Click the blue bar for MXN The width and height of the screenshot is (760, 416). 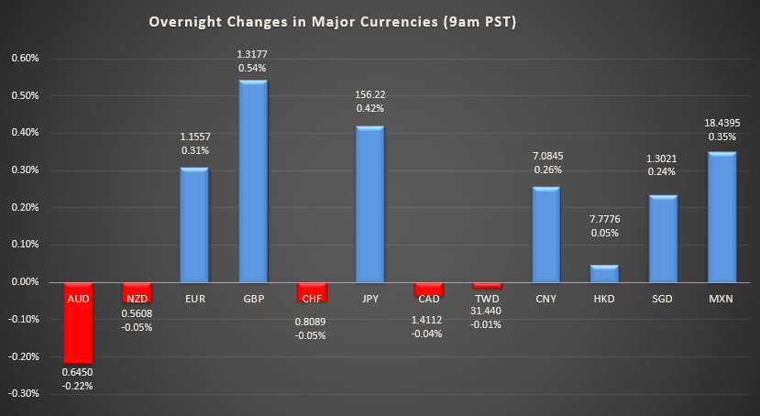721,217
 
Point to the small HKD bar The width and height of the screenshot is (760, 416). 604,273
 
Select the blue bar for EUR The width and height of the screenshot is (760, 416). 195,224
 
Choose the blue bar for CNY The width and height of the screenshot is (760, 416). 545,235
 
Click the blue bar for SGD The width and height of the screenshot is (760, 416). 663,238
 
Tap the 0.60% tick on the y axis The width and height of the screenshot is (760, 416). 25,58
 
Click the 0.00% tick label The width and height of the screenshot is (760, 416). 25,282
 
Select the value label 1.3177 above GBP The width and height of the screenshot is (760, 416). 253,54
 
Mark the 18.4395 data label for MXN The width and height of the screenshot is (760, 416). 721,121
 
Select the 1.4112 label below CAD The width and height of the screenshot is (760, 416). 427,321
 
